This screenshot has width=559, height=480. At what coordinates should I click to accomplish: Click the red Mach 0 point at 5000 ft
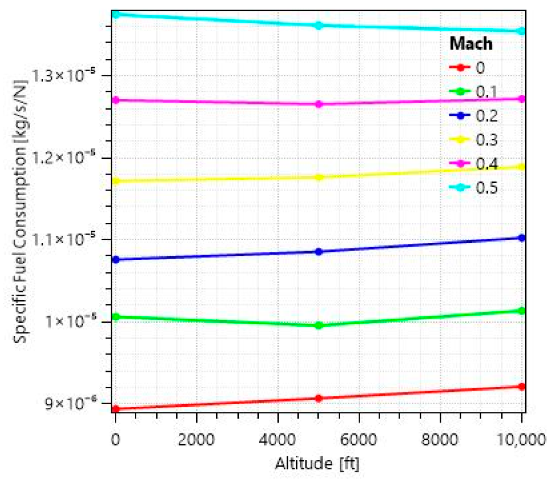click(319, 398)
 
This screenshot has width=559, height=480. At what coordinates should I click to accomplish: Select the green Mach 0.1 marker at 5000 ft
click(319, 325)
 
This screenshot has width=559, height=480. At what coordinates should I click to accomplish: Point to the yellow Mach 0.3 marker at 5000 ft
click(319, 177)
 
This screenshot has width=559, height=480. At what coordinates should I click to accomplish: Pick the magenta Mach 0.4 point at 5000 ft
click(319, 104)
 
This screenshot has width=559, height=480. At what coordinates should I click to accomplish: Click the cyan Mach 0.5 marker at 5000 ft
click(319, 25)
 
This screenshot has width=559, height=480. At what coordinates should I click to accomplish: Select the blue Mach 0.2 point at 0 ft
click(116, 260)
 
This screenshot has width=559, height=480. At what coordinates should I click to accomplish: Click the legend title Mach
click(471, 44)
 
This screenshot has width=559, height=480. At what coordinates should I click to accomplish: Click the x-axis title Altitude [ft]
click(318, 464)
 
